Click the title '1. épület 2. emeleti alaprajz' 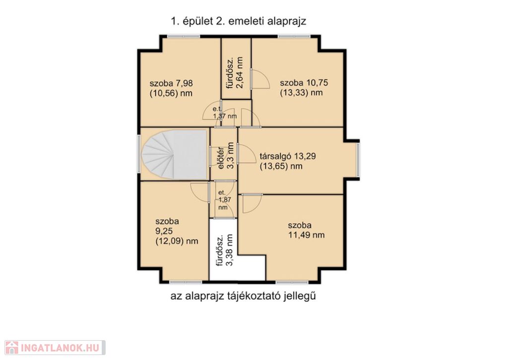click(239, 21)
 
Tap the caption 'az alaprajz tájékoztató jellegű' click(243, 296)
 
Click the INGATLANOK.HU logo click(55, 348)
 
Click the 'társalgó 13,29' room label click(288, 156)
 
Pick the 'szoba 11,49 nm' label click(306, 230)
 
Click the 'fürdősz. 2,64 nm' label click(235, 73)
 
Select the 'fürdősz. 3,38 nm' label click(225, 250)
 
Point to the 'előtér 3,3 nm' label click(226, 156)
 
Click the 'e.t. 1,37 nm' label click(225, 113)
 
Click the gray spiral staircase click(174, 154)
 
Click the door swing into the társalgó click(247, 153)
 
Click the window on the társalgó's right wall click(358, 160)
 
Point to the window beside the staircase click(139, 154)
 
